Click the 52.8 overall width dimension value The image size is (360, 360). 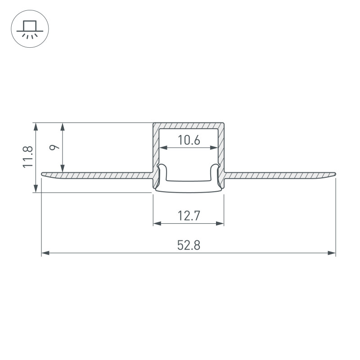(188, 245)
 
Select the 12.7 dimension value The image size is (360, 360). (189, 216)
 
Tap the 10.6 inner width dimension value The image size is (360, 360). (189, 140)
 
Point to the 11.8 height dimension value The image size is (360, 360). (28, 157)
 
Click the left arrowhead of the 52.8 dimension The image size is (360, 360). (45, 254)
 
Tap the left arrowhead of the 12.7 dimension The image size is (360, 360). (157, 223)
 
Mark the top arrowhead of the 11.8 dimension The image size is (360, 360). (35, 126)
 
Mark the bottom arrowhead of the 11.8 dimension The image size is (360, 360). (35, 189)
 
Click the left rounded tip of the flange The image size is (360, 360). (43, 174)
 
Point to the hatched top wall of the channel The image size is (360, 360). (189, 125)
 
